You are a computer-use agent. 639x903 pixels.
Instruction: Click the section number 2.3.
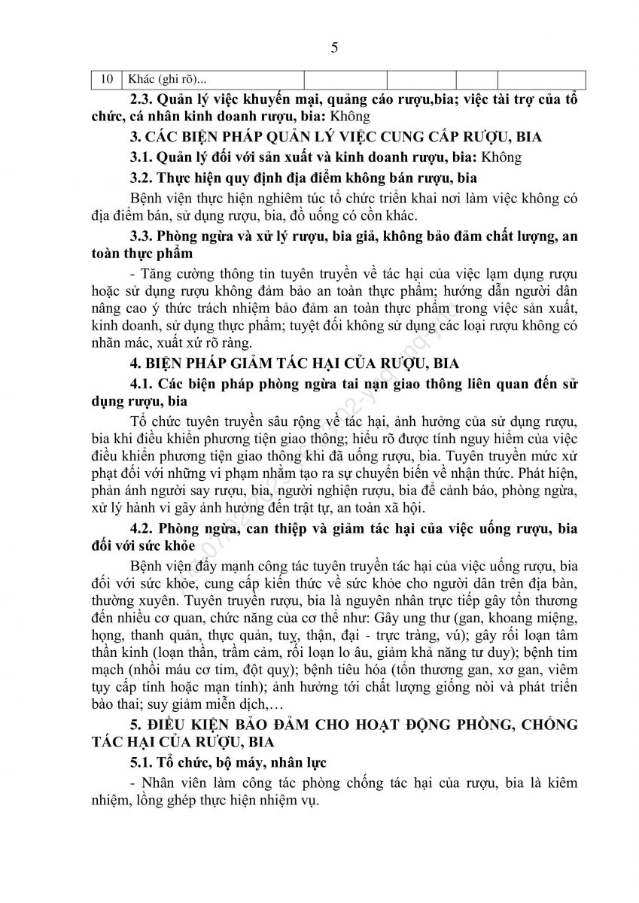pyautogui.click(x=141, y=99)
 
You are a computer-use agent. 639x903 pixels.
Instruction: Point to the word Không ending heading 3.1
pyautogui.click(x=501, y=157)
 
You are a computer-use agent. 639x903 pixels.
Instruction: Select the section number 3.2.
pyautogui.click(x=141, y=178)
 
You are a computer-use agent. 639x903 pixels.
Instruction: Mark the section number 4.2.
pyautogui.click(x=141, y=528)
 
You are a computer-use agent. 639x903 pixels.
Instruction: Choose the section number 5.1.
pyautogui.click(x=141, y=763)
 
